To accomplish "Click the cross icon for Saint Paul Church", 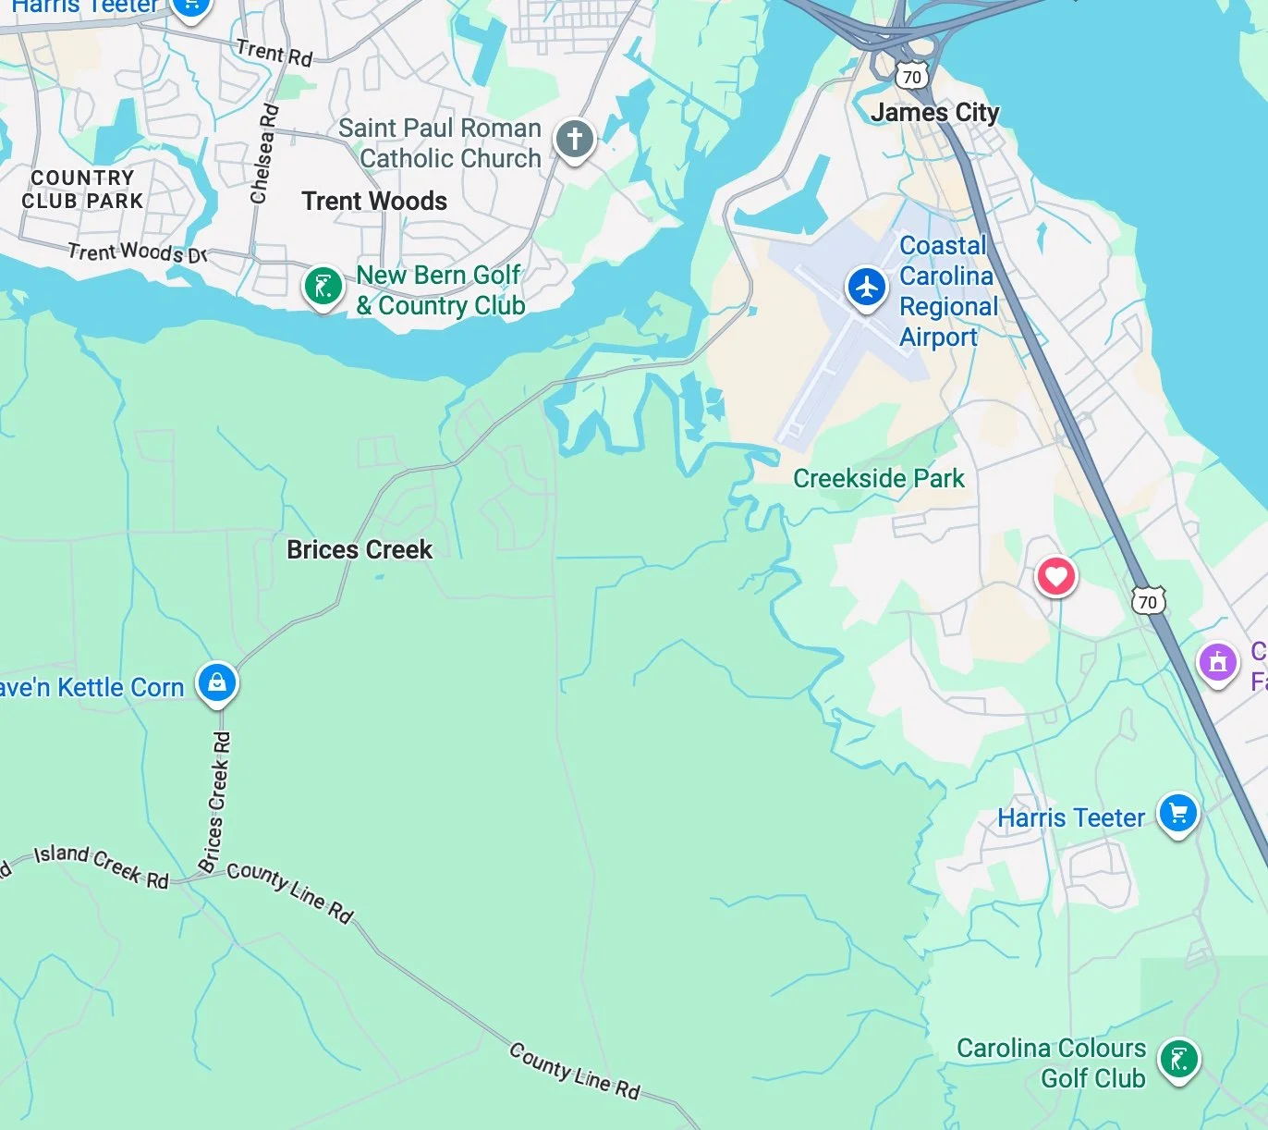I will [x=574, y=140].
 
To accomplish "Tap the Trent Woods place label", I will [x=374, y=202].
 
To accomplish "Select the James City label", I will [x=934, y=113].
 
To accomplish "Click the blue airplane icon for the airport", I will [x=866, y=287].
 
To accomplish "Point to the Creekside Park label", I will [x=878, y=478].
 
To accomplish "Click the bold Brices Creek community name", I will [x=360, y=549].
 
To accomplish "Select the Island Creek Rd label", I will [x=102, y=866].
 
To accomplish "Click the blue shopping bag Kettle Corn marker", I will [x=217, y=683].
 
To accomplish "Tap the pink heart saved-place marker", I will [x=1055, y=577].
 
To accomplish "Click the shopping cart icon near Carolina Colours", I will [x=1177, y=814].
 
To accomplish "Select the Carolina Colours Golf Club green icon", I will [x=1178, y=1059].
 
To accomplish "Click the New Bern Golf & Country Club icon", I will [x=323, y=287].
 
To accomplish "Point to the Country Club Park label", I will [x=82, y=189].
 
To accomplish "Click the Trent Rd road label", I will [x=274, y=53].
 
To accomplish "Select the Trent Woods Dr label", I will [x=138, y=252].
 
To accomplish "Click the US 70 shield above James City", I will [x=912, y=76].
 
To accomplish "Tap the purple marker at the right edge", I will [x=1217, y=662].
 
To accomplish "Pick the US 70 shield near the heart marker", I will [x=1147, y=601].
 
